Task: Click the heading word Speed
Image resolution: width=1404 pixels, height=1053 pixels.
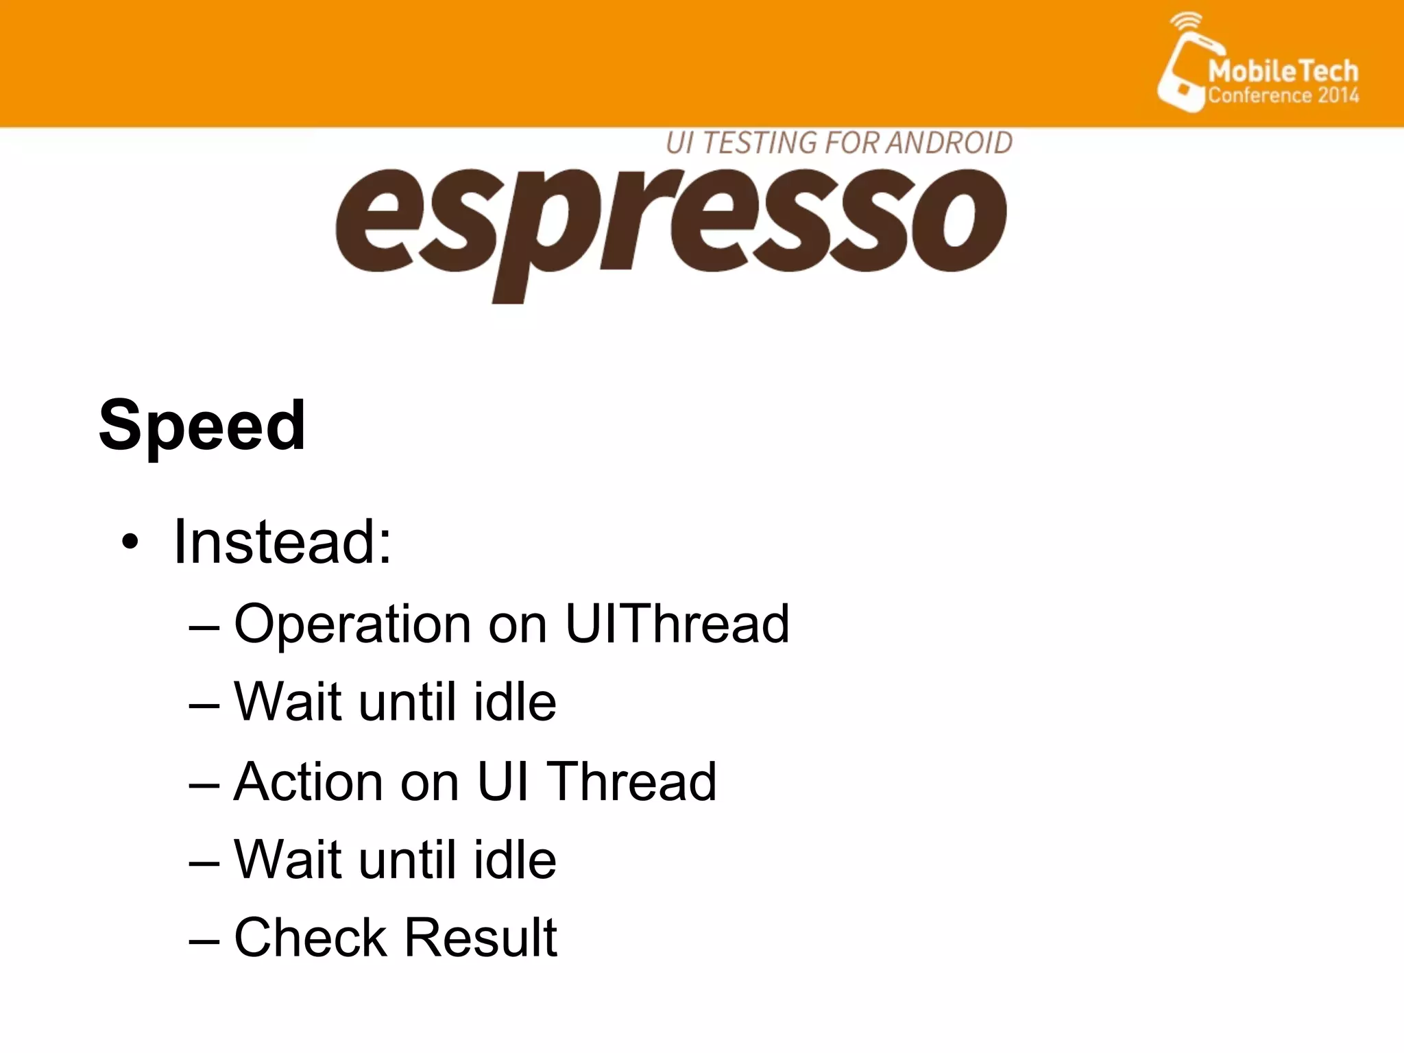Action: point(202,426)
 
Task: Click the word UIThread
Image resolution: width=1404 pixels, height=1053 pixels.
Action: point(677,623)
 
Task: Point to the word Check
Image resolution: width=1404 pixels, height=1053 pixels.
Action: point(310,938)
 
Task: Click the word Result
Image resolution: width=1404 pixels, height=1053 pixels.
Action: point(481,937)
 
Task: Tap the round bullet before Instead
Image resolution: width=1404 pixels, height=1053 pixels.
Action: point(130,543)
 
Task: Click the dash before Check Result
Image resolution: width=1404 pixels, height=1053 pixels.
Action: point(204,939)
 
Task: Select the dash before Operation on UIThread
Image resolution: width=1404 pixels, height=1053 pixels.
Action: point(204,626)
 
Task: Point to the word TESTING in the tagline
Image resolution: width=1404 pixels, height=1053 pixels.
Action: point(759,143)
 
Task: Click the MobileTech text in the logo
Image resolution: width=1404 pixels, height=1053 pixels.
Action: point(1283,71)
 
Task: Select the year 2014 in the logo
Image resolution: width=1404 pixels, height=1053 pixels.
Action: point(1338,95)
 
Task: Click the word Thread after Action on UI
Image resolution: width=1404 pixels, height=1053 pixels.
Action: point(633,782)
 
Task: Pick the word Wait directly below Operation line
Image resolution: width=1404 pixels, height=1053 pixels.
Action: point(288,703)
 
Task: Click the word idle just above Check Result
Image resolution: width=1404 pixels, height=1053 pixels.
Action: point(515,860)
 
